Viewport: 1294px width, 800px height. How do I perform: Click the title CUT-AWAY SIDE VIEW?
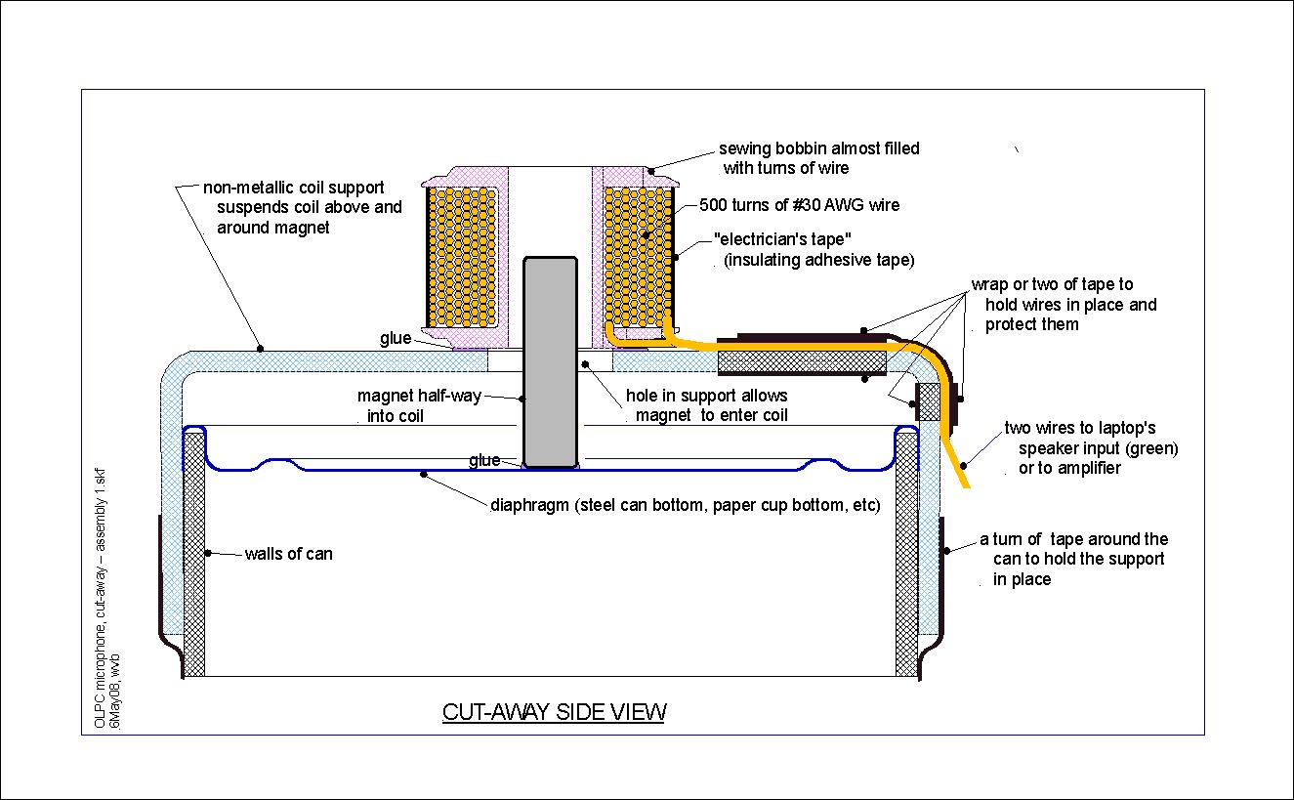coord(554,712)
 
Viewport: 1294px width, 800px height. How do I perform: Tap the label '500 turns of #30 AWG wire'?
coord(800,205)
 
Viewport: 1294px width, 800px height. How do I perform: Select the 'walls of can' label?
coord(288,554)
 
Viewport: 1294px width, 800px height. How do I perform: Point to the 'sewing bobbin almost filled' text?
coord(819,148)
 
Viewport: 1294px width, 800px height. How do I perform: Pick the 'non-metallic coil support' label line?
coord(293,187)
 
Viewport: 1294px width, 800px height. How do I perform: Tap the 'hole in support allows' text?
coord(706,396)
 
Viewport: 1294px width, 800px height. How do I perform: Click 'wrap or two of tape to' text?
coord(1052,284)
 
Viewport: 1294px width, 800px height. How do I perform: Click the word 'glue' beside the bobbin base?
coord(396,338)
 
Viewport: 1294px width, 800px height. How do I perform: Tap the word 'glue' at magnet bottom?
coord(484,460)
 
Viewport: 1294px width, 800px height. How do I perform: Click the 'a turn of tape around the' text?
coord(1073,539)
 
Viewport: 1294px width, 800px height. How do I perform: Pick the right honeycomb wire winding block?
coord(638,254)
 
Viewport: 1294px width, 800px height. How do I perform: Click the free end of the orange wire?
coord(965,484)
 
